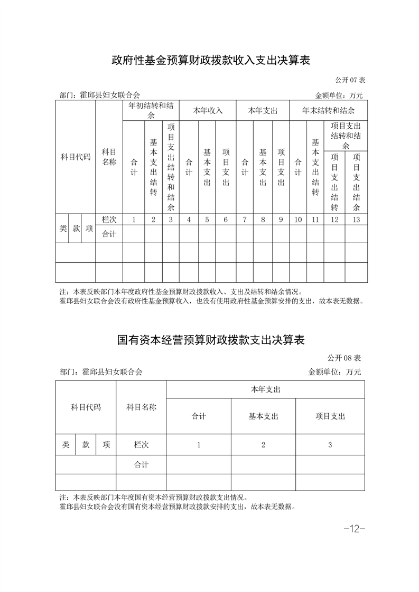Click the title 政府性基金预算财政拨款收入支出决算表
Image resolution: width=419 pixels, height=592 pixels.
pos(210,60)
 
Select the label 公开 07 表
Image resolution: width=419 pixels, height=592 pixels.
pos(350,80)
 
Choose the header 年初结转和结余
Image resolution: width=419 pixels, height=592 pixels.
pos(151,110)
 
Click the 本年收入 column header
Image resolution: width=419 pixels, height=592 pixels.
pos(208,111)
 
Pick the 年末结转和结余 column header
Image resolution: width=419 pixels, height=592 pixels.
pos(328,111)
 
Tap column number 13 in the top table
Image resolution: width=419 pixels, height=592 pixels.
pos(356,219)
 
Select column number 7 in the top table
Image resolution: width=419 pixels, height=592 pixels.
pos(244,219)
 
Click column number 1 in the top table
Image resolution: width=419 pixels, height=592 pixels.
pos(134,219)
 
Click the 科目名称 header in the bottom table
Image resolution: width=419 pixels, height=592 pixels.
pos(141,407)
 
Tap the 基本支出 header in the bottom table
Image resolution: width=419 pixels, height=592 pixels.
pos(263,416)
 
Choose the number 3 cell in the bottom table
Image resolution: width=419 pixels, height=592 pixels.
pos(330,445)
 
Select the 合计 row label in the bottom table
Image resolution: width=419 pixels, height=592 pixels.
pos(141,465)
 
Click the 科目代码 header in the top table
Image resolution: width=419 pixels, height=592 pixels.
pos(76,157)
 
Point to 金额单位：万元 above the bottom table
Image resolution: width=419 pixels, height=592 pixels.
pos(334,372)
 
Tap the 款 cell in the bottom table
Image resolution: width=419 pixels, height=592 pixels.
pos(86,445)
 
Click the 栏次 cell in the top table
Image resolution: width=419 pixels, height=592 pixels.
pos(109,219)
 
